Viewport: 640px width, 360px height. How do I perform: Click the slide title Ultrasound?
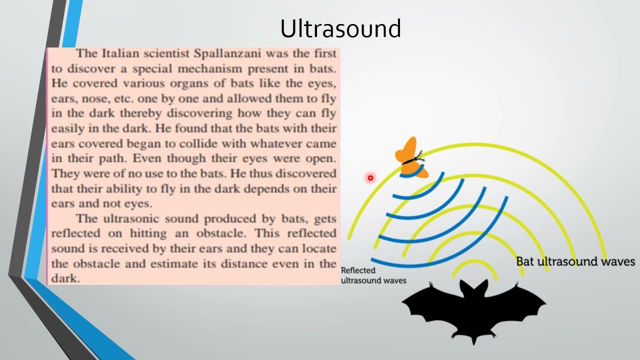click(340, 29)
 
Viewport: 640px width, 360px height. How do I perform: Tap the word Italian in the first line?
click(120, 53)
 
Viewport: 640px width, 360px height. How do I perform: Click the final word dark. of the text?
click(65, 278)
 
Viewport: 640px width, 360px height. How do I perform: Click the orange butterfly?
click(411, 157)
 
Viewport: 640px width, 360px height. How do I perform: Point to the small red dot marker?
click(370, 177)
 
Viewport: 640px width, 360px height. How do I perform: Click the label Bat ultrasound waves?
click(575, 261)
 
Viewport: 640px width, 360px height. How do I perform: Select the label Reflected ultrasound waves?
click(373, 275)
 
